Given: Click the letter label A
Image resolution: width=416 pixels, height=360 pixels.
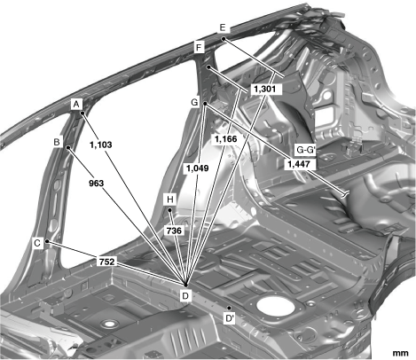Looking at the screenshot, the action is point(76,105).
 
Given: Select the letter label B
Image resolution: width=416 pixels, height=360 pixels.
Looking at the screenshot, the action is point(57,142).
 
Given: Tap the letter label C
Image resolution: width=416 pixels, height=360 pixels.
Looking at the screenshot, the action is point(37,243).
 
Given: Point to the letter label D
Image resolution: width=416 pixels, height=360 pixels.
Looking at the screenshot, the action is point(185,295).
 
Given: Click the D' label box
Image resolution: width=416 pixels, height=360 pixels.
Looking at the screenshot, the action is point(230,318).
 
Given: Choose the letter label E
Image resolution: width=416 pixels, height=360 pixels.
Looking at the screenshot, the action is point(223,27).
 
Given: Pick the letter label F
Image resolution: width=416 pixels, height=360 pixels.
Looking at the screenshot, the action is point(199,47).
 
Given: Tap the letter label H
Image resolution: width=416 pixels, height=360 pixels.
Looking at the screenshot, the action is point(170,200).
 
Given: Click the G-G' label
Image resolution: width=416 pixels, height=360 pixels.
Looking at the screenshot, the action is point(306,150).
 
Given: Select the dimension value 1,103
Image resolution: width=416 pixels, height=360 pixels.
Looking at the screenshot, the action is point(101,145).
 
